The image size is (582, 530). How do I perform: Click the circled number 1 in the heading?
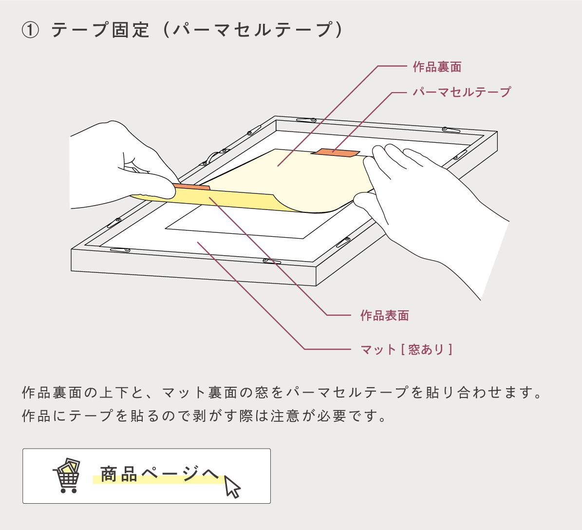(x=30, y=31)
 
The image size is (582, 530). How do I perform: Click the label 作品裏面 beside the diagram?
(x=437, y=67)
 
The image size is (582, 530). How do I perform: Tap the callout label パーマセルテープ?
(x=462, y=92)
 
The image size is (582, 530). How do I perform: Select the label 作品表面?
(x=384, y=315)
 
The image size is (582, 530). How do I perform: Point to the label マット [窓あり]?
(x=406, y=349)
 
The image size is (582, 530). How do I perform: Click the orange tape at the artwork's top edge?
(x=335, y=153)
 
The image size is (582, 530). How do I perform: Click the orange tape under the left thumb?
(x=192, y=186)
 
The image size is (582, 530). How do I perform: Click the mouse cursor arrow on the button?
(x=232, y=486)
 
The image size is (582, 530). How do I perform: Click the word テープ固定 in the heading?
(x=100, y=31)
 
